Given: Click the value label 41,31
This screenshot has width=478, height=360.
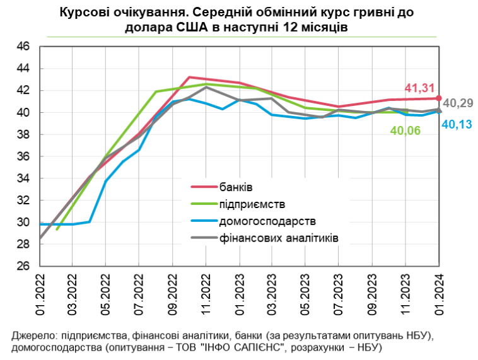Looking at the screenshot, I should point(419,88).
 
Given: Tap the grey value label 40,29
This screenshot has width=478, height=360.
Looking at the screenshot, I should point(458,103).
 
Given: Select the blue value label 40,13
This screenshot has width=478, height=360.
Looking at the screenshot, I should point(457,125).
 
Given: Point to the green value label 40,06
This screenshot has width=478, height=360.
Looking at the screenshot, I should point(405,131).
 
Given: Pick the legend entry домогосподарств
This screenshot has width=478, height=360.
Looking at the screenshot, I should point(267,221).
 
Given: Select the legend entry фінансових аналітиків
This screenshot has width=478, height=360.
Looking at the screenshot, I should point(278,239).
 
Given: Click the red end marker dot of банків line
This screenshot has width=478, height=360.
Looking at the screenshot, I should point(439,98).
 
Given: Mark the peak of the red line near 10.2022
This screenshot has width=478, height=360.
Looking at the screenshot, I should point(189,77).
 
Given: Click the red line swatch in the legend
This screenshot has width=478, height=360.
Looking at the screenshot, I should point(204,187).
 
